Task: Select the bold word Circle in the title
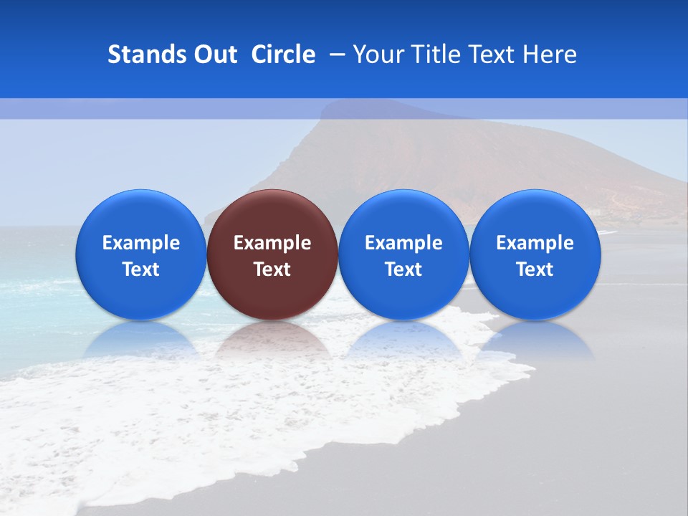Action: point(283,54)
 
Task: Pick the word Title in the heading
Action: point(436,54)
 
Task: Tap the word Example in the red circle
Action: point(272,243)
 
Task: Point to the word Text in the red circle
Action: point(272,269)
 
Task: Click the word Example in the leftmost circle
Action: point(141,243)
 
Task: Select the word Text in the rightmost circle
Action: point(535,269)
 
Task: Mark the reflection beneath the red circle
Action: point(272,340)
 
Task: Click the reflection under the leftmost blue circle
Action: point(141,340)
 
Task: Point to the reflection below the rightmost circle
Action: point(535,340)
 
